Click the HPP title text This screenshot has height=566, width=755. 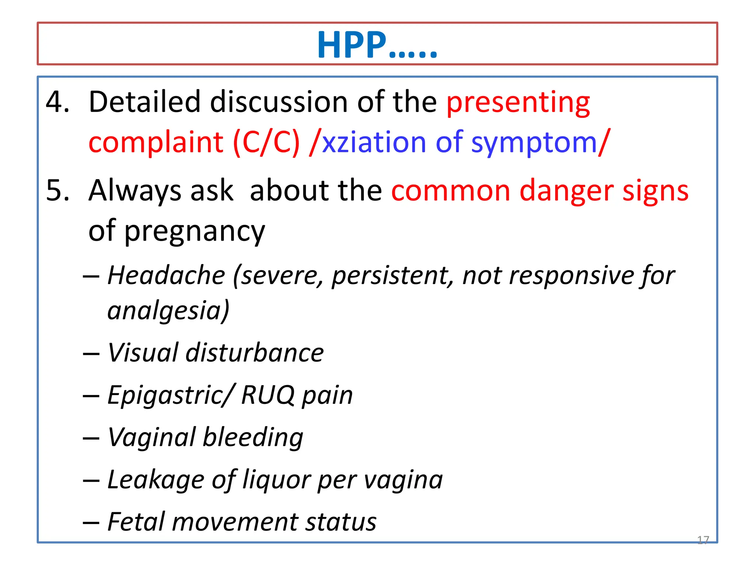[x=377, y=45]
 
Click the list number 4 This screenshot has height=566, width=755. [x=57, y=102]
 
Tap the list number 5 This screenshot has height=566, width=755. [x=57, y=191]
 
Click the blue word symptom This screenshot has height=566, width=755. [x=534, y=143]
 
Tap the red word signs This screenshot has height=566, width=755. [x=655, y=191]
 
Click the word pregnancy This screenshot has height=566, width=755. [x=195, y=231]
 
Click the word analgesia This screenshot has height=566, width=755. [x=168, y=310]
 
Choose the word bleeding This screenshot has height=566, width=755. [x=253, y=437]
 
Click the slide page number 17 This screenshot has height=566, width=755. [x=703, y=540]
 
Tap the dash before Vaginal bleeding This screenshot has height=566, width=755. [x=91, y=438]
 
